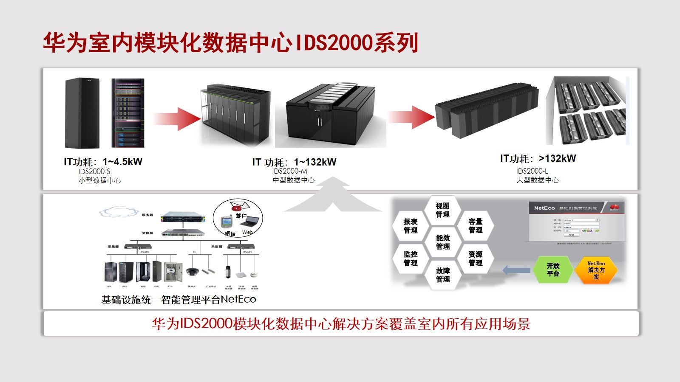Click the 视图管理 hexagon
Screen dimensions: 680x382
tap(442, 210)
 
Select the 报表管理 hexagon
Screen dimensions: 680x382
tap(411, 226)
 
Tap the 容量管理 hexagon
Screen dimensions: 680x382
tap(475, 226)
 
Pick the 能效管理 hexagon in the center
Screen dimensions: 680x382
tap(442, 242)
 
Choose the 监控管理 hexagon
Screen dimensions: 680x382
tap(411, 258)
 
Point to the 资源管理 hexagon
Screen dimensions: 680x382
tap(475, 258)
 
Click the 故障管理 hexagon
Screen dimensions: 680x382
tap(442, 275)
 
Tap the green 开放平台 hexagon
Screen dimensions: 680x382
tap(553, 270)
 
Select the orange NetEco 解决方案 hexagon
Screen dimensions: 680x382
tap(596, 270)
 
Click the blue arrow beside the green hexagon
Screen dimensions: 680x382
tap(516, 270)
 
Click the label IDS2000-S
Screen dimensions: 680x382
tap(94, 171)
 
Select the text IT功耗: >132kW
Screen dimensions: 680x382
tap(538, 159)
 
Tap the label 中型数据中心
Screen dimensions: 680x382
tap(294, 180)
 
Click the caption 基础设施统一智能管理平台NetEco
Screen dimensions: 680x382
tap(178, 300)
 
